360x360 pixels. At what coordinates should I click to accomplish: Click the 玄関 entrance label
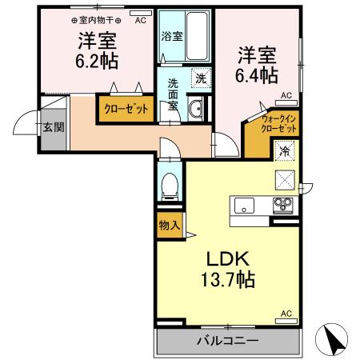pyautogui.click(x=54, y=127)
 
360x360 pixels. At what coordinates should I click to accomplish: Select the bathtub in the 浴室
pyautogui.click(x=197, y=36)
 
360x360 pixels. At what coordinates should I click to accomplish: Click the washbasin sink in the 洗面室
pyautogui.click(x=196, y=108)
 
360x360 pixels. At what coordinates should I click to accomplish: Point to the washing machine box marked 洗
pyautogui.click(x=202, y=78)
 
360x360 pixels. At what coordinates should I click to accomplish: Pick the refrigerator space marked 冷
pyautogui.click(x=285, y=151)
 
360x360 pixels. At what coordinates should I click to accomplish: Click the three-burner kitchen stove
pyautogui.click(x=283, y=206)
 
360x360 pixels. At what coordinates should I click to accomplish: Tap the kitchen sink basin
pyautogui.click(x=244, y=206)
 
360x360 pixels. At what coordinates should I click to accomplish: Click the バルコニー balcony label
pyautogui.click(x=228, y=341)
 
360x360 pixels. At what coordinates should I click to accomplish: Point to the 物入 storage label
pyautogui.click(x=170, y=226)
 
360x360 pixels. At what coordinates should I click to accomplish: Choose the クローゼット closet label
pyautogui.click(x=126, y=109)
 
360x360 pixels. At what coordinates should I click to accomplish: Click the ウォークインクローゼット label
pyautogui.click(x=278, y=124)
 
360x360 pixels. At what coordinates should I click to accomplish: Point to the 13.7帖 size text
pyautogui.click(x=228, y=279)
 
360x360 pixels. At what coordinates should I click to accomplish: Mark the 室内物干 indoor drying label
pyautogui.click(x=96, y=20)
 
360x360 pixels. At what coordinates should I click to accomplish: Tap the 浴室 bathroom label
pyautogui.click(x=172, y=36)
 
